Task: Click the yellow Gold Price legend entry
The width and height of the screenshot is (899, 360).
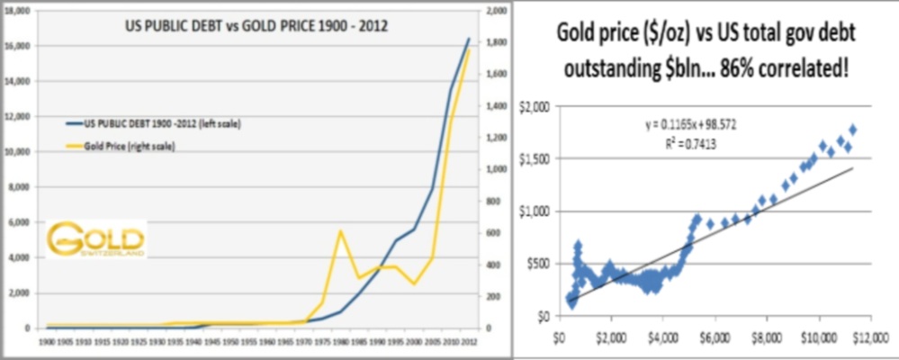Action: (x=130, y=145)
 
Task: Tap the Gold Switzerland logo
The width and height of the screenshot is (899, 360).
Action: (x=96, y=240)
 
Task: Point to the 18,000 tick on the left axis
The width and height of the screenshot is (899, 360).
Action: (x=18, y=10)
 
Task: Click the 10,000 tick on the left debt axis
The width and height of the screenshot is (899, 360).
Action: (x=18, y=151)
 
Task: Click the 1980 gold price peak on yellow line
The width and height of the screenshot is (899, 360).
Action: (x=341, y=231)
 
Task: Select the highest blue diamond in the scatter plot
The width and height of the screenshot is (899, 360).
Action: (x=852, y=130)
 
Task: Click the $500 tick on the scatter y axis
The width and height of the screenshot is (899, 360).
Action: (x=538, y=264)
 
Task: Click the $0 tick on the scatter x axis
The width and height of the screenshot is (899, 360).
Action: (x=560, y=337)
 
